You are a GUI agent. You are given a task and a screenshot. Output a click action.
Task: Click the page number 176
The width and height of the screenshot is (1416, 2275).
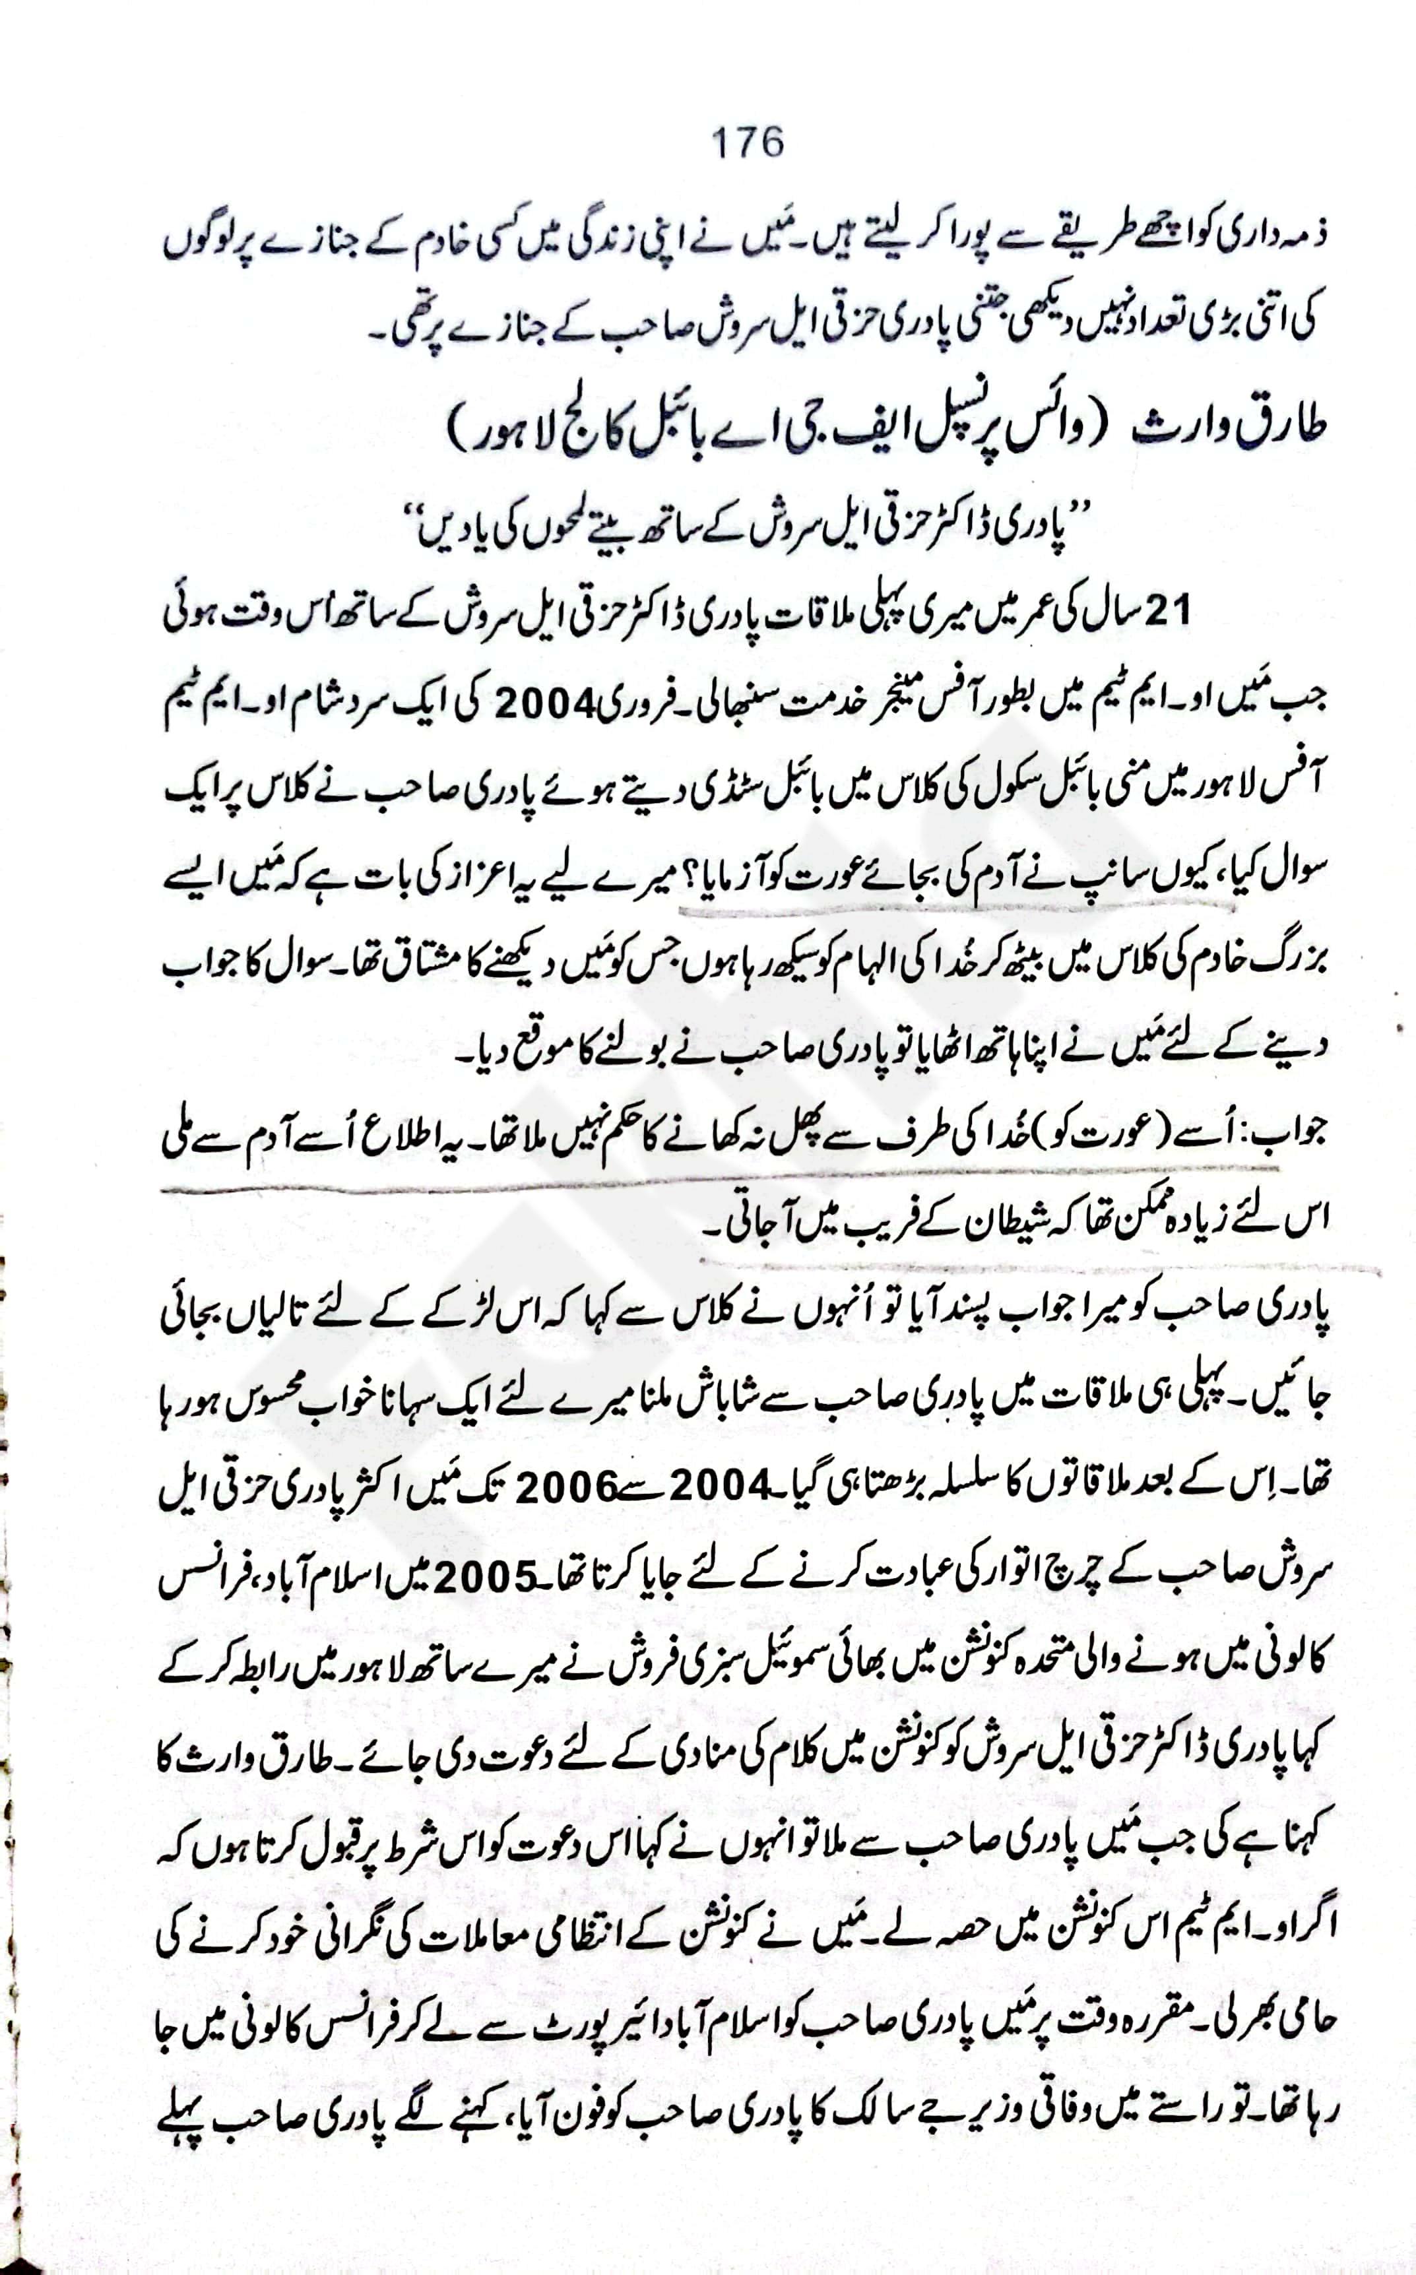pos(748,143)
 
